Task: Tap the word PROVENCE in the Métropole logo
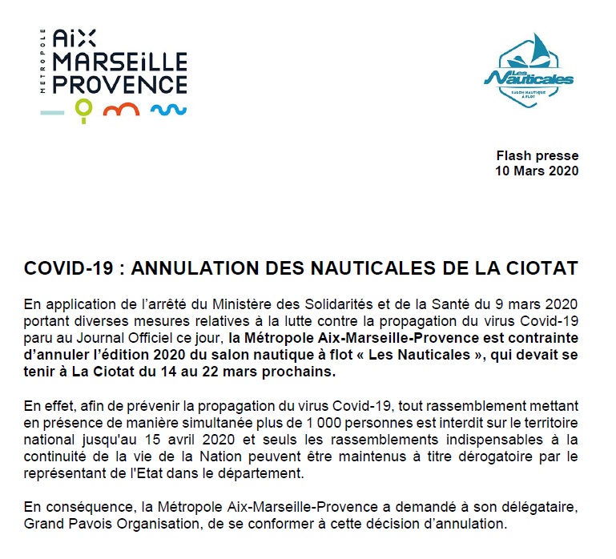coord(119,84)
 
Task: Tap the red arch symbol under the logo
coord(123,109)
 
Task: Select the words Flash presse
coord(537,156)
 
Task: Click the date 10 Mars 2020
coord(537,171)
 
